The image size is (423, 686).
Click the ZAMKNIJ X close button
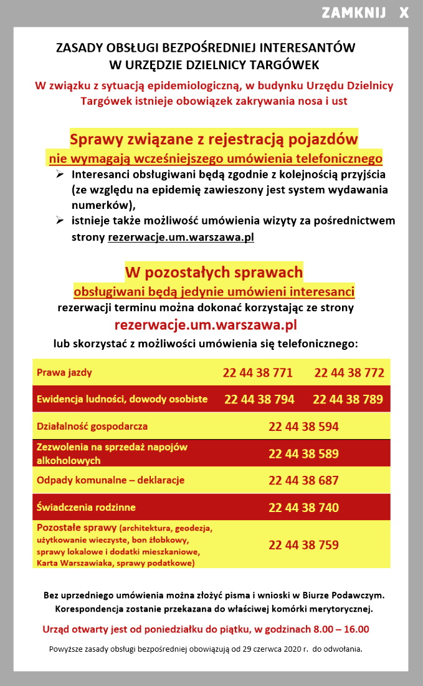tap(365, 13)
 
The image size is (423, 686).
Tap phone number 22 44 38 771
tap(258, 373)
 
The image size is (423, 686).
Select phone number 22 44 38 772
tap(349, 373)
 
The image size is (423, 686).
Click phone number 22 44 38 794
tap(259, 399)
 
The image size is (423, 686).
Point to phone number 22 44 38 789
tap(348, 399)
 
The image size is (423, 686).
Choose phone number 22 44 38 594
tap(303, 427)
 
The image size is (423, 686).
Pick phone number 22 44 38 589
tap(303, 453)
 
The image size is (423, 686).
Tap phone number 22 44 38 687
tap(303, 480)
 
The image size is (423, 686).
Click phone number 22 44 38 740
tap(303, 508)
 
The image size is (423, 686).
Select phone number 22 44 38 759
tap(303, 545)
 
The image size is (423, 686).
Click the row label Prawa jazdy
tap(64, 373)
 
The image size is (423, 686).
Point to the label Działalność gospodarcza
tap(92, 427)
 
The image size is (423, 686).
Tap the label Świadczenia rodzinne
tap(86, 508)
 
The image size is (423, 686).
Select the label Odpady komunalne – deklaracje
tap(111, 481)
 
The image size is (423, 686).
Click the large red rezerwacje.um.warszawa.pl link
tap(206, 325)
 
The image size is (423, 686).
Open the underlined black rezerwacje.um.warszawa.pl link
tap(181, 238)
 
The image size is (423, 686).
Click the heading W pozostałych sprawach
tap(214, 272)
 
